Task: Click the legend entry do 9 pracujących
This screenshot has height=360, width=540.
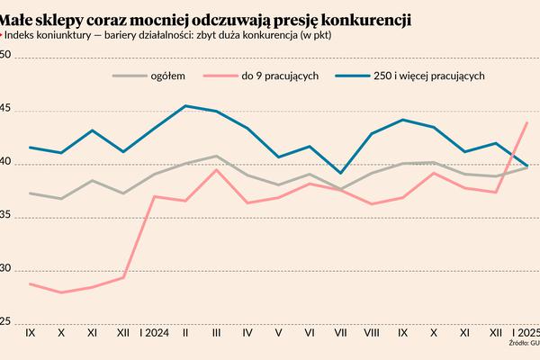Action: [x=280, y=76]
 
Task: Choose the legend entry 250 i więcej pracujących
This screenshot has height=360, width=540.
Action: [x=428, y=76]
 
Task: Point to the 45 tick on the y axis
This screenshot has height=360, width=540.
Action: [x=4, y=110]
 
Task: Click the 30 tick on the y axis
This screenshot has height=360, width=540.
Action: [x=4, y=269]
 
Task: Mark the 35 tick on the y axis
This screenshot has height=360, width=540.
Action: [x=4, y=216]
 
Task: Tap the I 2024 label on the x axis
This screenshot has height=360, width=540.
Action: [x=154, y=332]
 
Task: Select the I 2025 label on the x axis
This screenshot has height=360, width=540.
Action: [x=526, y=332]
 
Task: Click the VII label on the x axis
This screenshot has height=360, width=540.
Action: [x=340, y=332]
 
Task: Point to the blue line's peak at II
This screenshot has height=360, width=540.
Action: [x=185, y=106]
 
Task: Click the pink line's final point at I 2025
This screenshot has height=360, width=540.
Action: [x=526, y=122]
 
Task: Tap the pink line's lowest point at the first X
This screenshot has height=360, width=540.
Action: [x=61, y=292]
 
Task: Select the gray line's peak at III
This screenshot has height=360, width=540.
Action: [x=216, y=156]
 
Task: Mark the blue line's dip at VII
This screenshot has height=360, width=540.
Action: [x=340, y=173]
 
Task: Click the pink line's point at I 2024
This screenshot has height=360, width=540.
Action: [x=154, y=196]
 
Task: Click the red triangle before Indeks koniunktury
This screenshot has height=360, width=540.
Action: [x=3, y=35]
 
